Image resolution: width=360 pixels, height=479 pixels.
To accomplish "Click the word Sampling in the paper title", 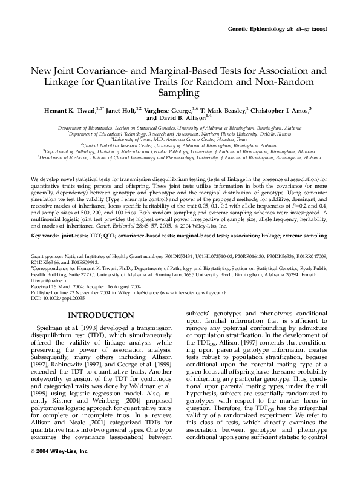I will pyautogui.click(x=180, y=93).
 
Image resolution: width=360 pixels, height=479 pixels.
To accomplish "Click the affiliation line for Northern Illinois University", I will pyautogui.click(x=179, y=134).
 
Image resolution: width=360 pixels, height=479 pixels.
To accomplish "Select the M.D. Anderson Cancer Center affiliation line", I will pyautogui.click(x=179, y=140).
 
